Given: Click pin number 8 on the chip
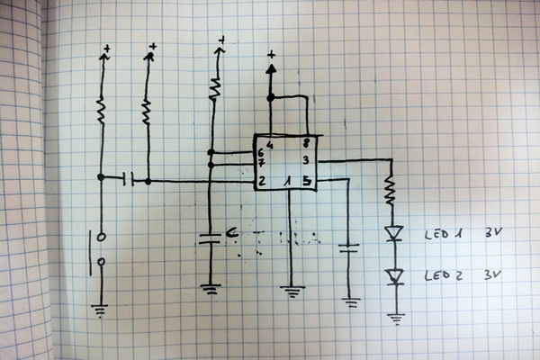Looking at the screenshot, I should (x=307, y=142).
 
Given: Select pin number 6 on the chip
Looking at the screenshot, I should (x=261, y=153).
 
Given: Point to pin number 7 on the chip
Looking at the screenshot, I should (x=261, y=166).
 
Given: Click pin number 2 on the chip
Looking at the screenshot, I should (x=261, y=182).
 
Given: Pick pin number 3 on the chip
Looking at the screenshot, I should (x=307, y=160).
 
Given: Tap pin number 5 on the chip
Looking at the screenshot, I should (x=307, y=182).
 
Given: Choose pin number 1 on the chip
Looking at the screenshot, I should (x=287, y=182).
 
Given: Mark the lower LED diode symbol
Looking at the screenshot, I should (x=393, y=275).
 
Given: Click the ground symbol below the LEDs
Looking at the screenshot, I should (x=394, y=316).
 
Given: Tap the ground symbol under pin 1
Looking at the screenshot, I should (x=290, y=290).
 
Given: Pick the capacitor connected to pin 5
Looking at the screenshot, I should (x=349, y=248).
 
